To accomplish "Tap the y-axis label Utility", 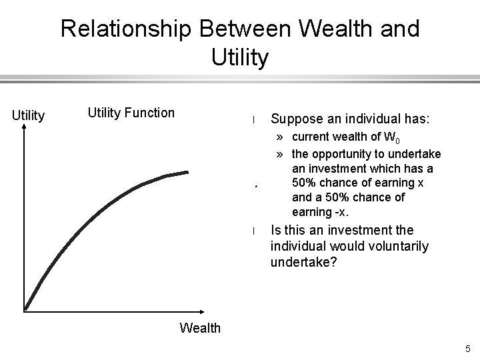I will point(29,116).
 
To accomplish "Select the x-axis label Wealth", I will point(200,327).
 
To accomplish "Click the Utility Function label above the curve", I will point(131,113).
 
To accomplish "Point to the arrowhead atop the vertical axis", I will point(25,130).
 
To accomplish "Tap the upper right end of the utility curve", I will point(188,172).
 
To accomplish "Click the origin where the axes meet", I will point(25,311).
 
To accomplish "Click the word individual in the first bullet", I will point(377,119).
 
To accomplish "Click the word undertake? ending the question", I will point(302,262).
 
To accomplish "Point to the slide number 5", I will point(468,348).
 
